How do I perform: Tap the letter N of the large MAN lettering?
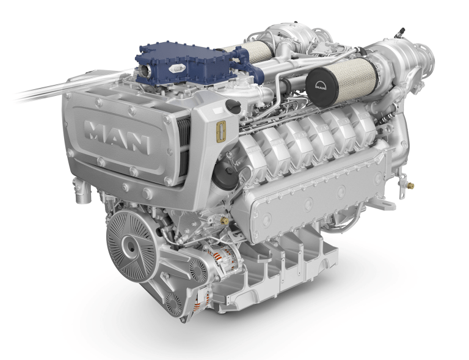[139, 144]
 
